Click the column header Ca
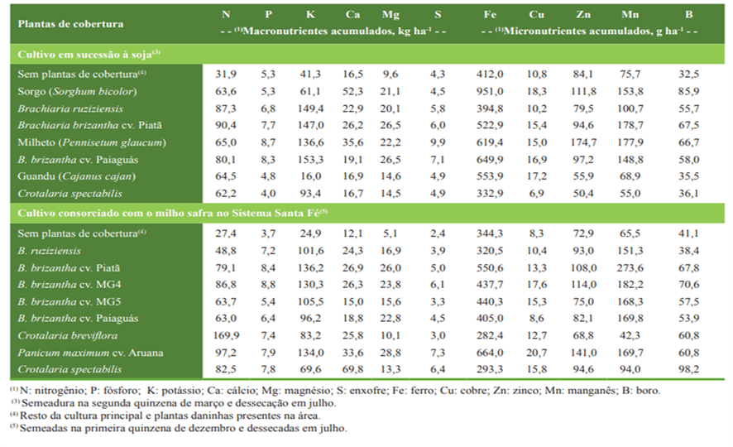352,14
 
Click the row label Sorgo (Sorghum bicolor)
76,91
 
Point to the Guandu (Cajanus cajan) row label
75,176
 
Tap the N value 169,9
226,336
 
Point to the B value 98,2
688,370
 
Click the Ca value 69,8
352,370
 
